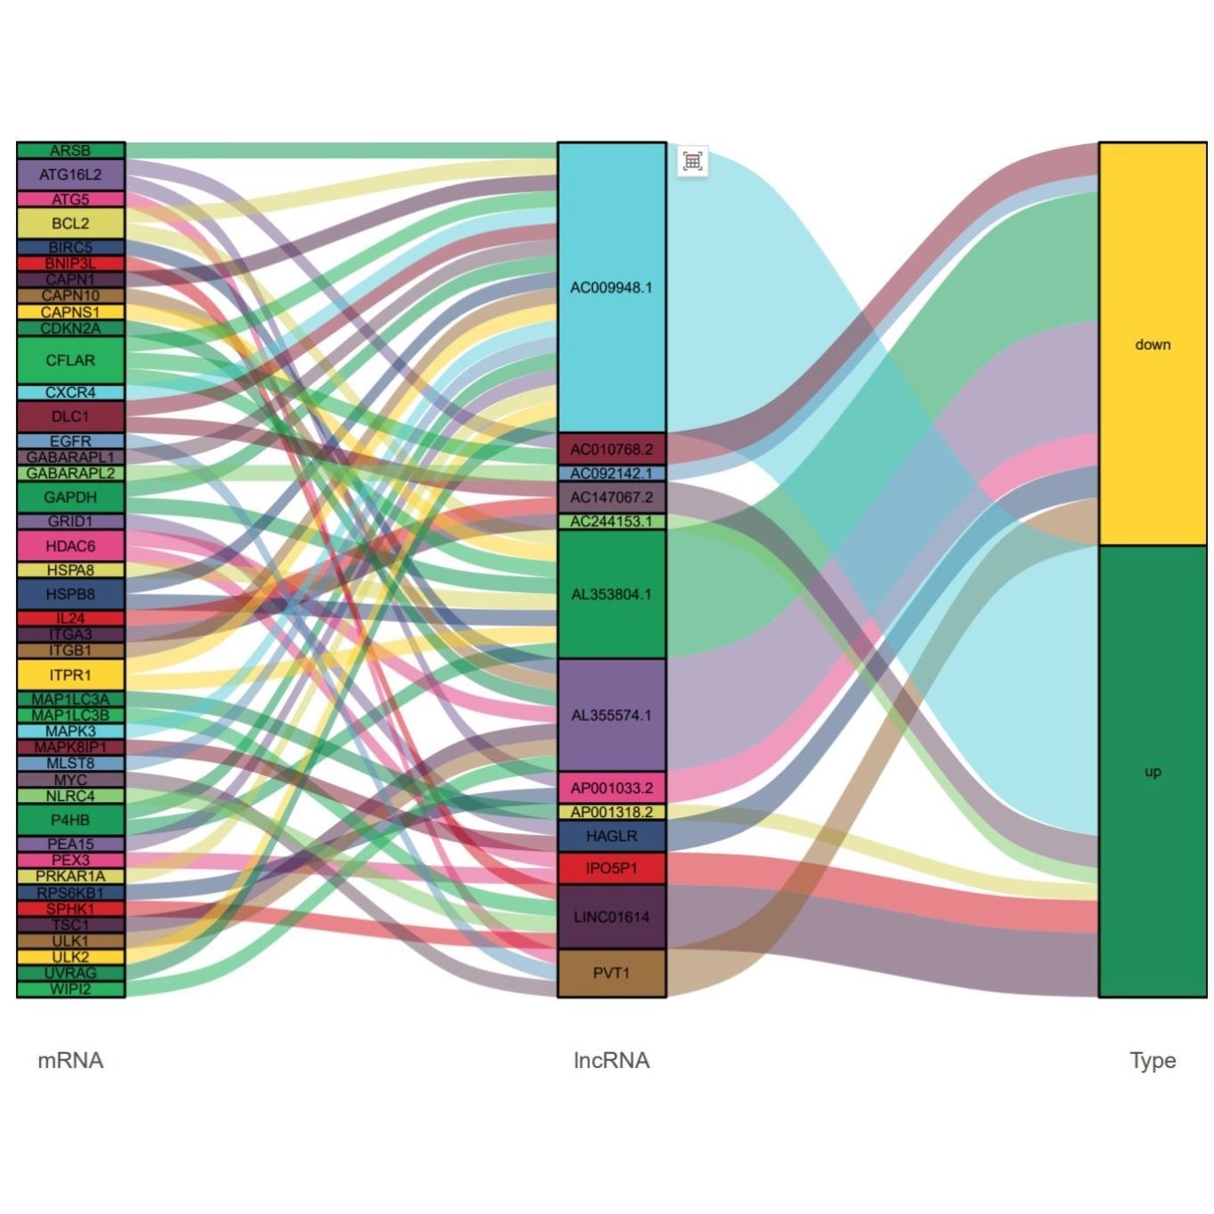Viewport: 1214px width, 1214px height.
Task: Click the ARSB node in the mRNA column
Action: (70, 150)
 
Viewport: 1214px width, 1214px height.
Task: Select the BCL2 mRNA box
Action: (70, 223)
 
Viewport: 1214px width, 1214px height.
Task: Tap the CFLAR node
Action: (70, 360)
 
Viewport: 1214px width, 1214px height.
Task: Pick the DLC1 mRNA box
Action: (70, 416)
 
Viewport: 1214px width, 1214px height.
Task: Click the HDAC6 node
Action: (70, 546)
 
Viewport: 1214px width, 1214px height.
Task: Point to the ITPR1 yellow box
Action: (70, 675)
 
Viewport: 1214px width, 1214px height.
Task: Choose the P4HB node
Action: (70, 820)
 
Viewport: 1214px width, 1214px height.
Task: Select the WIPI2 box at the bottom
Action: (70, 989)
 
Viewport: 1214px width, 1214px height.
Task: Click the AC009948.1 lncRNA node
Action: (611, 287)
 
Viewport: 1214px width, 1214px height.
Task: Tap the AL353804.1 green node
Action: (611, 594)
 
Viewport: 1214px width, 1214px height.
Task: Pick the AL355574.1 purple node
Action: (611, 715)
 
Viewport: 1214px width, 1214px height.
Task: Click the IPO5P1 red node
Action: (611, 868)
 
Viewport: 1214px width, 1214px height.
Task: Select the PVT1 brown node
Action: (611, 973)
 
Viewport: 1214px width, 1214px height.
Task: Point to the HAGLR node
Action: (611, 836)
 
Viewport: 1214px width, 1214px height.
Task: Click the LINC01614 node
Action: (611, 917)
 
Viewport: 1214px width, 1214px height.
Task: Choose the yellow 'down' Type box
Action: (1153, 344)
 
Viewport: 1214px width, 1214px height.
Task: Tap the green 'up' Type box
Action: (1153, 772)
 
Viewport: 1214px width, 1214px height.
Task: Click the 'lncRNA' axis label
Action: (611, 1060)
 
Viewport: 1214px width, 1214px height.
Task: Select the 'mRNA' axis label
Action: (70, 1060)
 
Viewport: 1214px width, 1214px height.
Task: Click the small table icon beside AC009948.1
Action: (692, 161)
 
